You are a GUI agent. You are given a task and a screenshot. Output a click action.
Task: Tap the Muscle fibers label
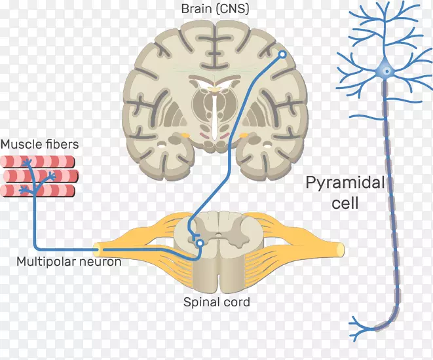(39, 145)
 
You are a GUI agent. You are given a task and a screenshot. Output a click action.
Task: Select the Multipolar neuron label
(69, 262)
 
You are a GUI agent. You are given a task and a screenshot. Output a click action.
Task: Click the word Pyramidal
(345, 183)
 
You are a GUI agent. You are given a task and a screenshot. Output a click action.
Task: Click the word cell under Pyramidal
(345, 204)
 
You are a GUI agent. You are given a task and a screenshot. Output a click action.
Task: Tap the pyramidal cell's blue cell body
(385, 68)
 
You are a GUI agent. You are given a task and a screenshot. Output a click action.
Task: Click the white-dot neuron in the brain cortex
(282, 55)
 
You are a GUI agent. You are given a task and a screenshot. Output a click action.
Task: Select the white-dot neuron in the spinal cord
(200, 243)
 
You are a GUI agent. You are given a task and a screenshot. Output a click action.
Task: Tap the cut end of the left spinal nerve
(97, 248)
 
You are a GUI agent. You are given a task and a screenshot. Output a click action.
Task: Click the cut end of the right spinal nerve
(341, 249)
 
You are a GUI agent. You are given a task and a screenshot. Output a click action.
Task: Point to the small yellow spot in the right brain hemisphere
(245, 136)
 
